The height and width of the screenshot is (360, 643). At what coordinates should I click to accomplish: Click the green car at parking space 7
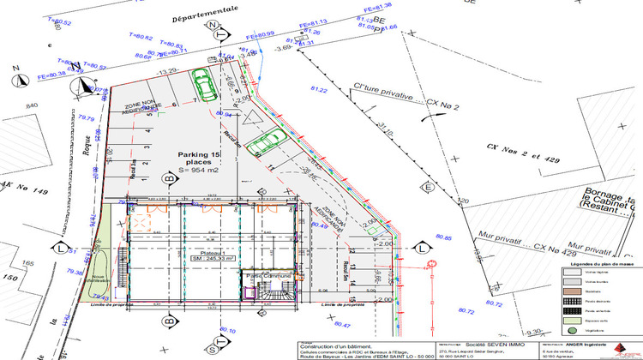coord(205,84)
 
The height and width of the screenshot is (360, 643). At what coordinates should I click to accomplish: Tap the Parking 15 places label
coord(200,159)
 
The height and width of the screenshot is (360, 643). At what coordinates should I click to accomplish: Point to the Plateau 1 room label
coord(211,255)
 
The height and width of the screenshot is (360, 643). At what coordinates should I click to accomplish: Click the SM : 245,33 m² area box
coord(211,262)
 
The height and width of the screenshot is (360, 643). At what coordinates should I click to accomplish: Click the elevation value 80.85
coord(443,237)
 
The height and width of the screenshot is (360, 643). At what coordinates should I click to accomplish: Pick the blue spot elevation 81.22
coord(319,89)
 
